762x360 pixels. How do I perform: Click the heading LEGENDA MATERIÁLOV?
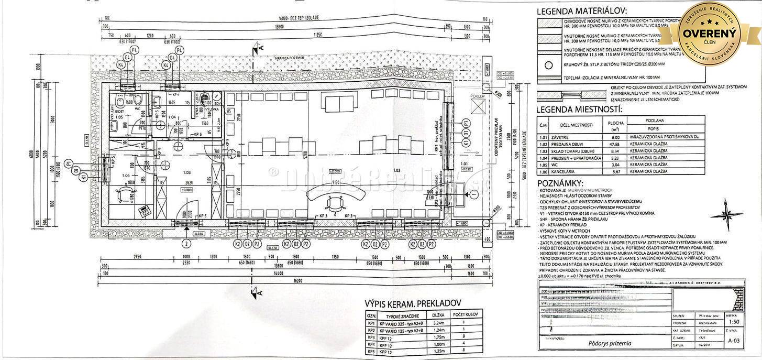pyautogui.click(x=581, y=10)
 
